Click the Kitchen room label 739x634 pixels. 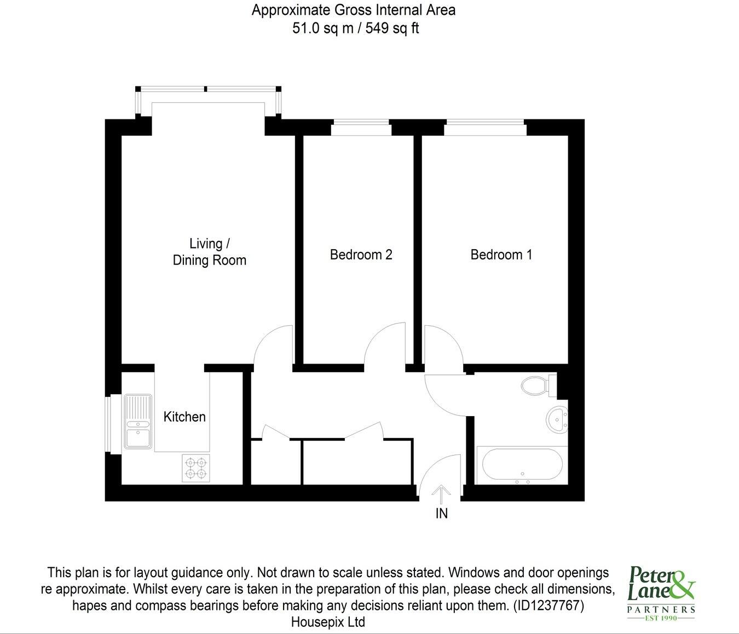[184, 417]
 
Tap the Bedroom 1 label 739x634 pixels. [501, 255]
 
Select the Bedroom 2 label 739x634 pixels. [361, 255]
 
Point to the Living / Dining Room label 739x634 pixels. [209, 252]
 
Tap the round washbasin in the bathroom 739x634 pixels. [557, 420]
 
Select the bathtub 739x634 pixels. [522, 465]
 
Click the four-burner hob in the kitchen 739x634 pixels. [195, 468]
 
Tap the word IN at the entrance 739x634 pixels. [441, 514]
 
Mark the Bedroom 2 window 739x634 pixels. [361, 128]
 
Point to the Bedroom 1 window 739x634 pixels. [485, 128]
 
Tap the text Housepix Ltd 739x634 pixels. [328, 623]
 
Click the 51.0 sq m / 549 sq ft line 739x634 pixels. [355, 28]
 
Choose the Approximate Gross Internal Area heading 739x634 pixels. [353, 10]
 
